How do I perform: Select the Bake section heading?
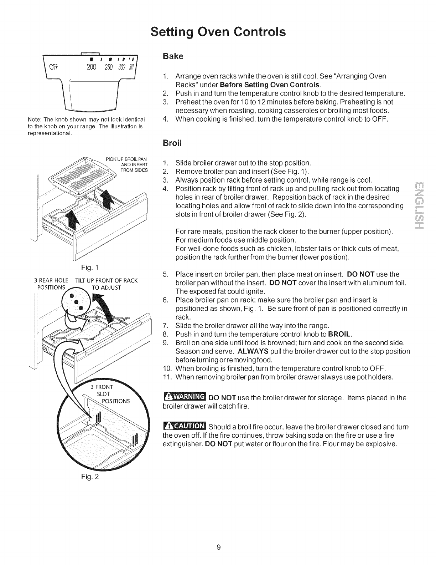[x=172, y=56]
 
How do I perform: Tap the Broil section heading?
[x=172, y=143]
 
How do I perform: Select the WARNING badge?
[x=184, y=397]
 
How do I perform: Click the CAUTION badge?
[x=184, y=427]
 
